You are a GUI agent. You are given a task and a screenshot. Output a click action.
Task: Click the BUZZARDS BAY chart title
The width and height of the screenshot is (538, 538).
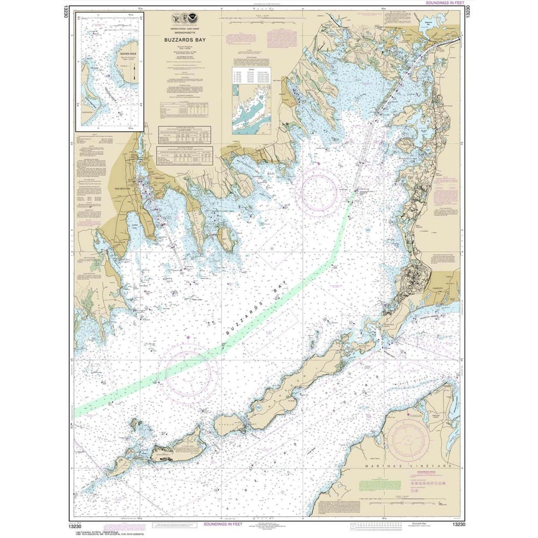coord(184,39)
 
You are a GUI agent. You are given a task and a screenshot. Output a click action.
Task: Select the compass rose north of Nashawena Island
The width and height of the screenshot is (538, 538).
coord(192,371)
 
